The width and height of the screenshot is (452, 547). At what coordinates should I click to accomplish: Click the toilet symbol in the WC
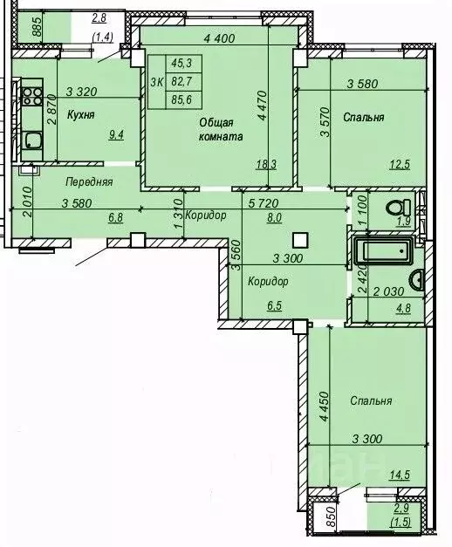click(399, 209)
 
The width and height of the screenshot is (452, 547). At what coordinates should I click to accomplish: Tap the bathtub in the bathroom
click(383, 250)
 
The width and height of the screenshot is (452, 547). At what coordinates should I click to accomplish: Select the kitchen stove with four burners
click(31, 97)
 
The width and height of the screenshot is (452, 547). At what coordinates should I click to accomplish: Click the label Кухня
click(80, 115)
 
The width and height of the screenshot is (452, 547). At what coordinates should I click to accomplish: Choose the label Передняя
click(89, 181)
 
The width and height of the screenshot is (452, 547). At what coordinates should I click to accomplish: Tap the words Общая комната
click(220, 129)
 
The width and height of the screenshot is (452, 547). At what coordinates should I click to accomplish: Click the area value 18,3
click(266, 164)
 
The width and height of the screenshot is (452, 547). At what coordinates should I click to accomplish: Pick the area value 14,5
click(399, 475)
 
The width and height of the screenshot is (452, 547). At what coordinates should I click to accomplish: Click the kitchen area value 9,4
click(116, 134)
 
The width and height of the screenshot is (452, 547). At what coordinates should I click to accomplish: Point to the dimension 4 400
click(219, 38)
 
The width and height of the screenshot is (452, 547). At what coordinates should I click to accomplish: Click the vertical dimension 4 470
click(263, 106)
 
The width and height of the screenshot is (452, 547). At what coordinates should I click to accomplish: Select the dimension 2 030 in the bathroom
click(388, 291)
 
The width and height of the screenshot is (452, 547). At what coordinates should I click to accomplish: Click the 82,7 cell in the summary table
click(181, 82)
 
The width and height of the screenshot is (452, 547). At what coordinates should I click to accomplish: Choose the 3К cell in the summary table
click(157, 82)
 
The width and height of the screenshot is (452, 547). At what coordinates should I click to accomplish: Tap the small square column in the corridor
click(300, 241)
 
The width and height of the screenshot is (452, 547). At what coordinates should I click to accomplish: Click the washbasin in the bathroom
click(417, 280)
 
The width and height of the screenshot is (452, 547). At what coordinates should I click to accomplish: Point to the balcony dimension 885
click(37, 27)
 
